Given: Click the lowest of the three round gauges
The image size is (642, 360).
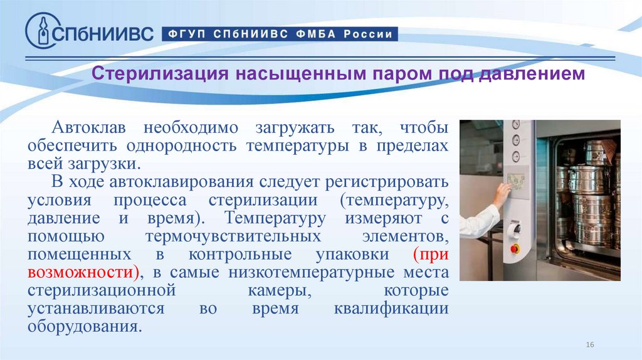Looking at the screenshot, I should click(x=515, y=156).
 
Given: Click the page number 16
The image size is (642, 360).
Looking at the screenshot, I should click(x=589, y=346).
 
